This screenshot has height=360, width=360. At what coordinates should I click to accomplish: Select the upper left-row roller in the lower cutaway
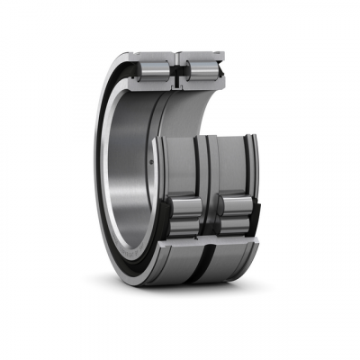point(184,208)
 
